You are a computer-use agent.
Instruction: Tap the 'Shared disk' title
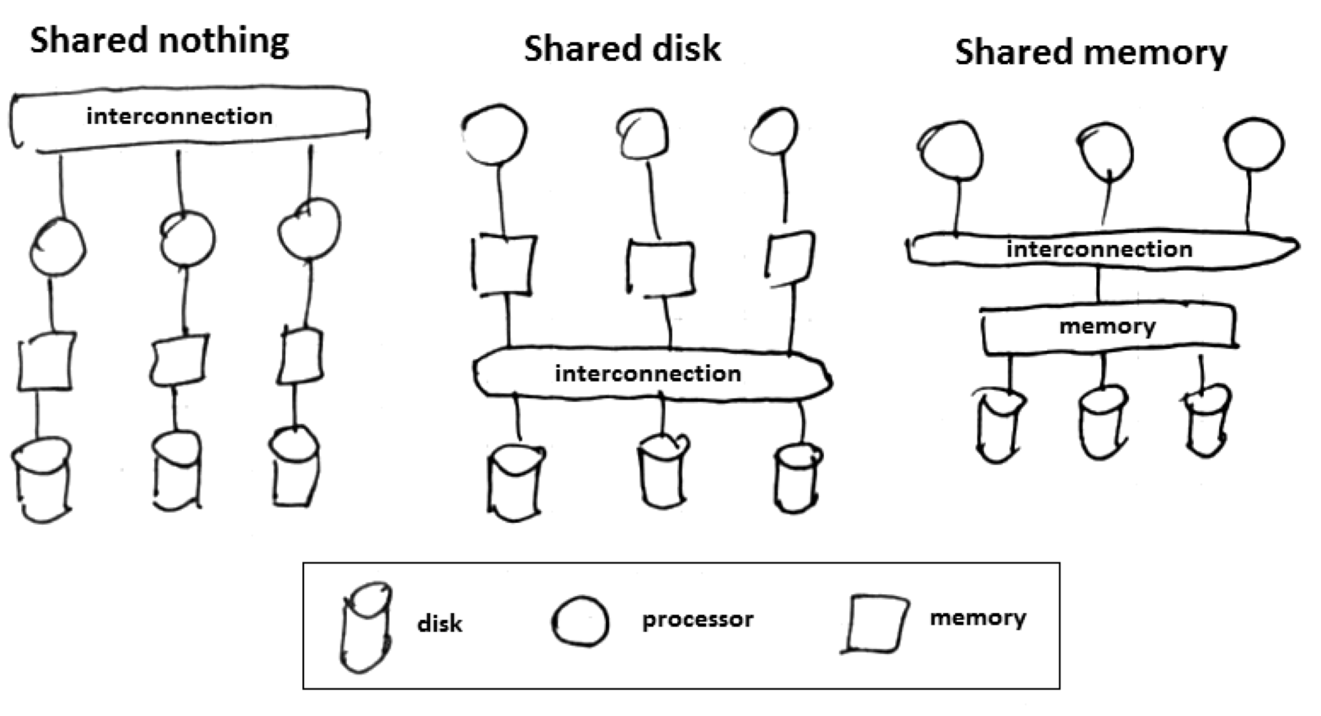[x=622, y=48]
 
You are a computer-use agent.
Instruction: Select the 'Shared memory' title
[x=1091, y=52]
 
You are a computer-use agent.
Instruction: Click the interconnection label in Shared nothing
[x=179, y=117]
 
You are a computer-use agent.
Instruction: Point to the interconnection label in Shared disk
[x=648, y=374]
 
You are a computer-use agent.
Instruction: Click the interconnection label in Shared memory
[x=1099, y=249]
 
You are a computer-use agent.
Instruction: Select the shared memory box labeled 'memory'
[x=1107, y=327]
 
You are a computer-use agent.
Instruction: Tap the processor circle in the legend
[x=581, y=621]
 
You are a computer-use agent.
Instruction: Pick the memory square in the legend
[x=874, y=623]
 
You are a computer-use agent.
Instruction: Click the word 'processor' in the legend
[x=698, y=620]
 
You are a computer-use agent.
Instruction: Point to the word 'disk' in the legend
[x=440, y=624]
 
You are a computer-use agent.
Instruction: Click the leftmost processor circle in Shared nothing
[x=57, y=247]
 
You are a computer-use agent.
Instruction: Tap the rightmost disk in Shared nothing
[x=294, y=467]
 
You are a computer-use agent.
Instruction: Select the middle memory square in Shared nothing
[x=179, y=360]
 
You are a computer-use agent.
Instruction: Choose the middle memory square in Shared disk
[x=660, y=268]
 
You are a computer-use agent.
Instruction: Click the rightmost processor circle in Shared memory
[x=1255, y=144]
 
